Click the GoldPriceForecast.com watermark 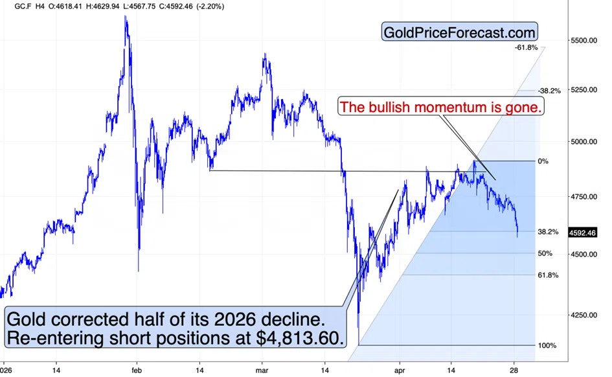[460, 32]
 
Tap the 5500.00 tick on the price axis [584, 41]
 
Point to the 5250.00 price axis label [584, 90]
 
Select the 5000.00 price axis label [584, 142]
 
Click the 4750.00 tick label [584, 197]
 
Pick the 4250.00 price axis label [584, 315]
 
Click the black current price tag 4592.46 [582, 233]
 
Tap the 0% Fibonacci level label [543, 161]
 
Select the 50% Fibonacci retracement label [545, 254]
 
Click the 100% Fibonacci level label [547, 346]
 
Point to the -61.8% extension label [526, 48]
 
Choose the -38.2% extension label [549, 91]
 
